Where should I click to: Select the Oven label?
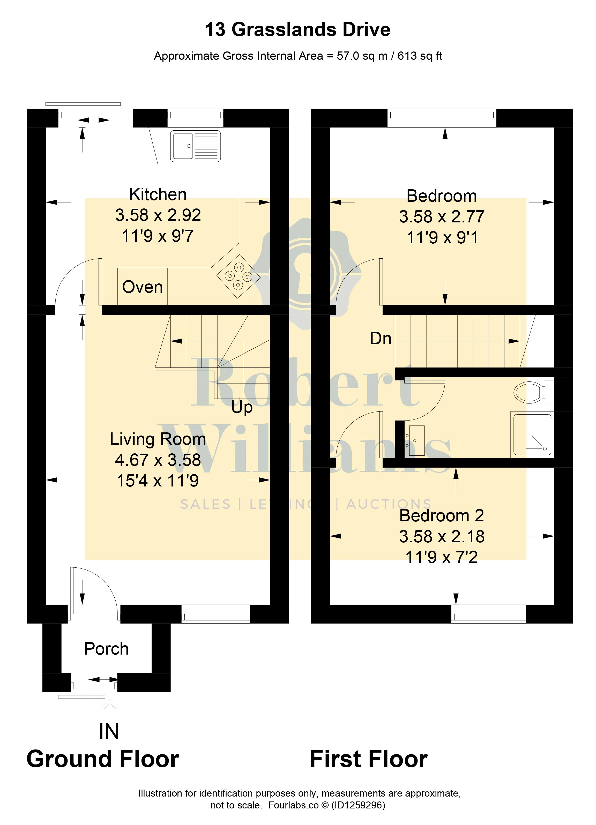coord(142,287)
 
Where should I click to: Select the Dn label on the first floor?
coord(381,339)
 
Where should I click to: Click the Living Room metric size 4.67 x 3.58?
coord(158,460)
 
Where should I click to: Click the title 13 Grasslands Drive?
coord(298,29)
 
